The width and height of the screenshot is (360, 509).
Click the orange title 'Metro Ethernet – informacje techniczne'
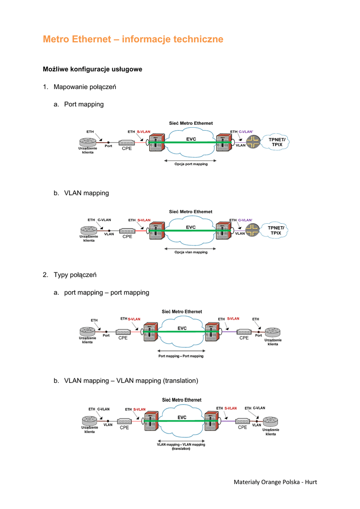click(x=133, y=39)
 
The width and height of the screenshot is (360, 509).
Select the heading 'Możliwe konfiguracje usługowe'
click(x=92, y=69)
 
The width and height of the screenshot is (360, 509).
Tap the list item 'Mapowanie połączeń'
click(x=85, y=87)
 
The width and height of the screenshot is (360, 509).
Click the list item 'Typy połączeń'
click(x=75, y=274)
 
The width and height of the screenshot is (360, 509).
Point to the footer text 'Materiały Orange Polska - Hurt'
click(x=275, y=482)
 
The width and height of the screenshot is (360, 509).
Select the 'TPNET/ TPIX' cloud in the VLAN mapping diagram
click(x=276, y=230)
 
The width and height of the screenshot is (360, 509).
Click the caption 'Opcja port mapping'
click(x=191, y=164)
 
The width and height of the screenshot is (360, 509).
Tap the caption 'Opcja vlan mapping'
click(x=191, y=252)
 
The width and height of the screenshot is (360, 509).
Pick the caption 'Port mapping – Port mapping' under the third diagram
click(x=180, y=356)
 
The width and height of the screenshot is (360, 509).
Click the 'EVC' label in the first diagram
click(x=191, y=139)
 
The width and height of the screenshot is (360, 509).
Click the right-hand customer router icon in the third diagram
click(x=272, y=333)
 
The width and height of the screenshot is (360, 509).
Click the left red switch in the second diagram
click(x=157, y=231)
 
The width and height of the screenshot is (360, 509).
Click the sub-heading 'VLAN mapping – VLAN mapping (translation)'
click(x=131, y=381)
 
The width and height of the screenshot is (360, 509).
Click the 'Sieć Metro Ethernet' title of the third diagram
click(x=182, y=312)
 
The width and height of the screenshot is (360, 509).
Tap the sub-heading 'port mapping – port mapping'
click(x=106, y=293)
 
